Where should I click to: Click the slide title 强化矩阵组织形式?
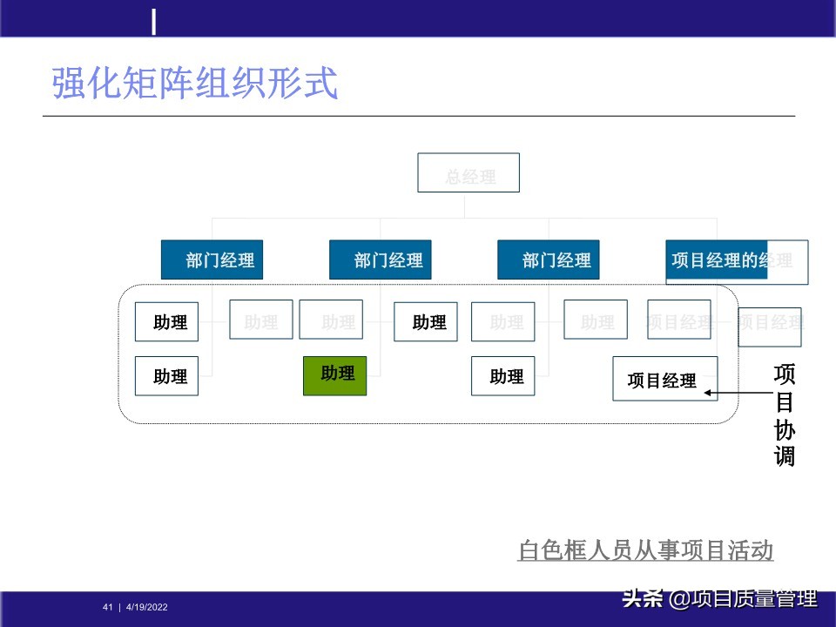coord(194,84)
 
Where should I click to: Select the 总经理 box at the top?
coord(469,173)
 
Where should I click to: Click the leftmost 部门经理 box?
coord(212,260)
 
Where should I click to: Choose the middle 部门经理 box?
coord(380,260)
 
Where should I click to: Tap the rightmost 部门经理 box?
coord(548,260)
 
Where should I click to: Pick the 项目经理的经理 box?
coord(736,261)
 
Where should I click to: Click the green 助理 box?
coord(334,375)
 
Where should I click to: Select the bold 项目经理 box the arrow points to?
coord(664,379)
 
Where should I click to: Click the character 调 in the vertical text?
coord(785,456)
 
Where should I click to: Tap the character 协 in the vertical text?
coord(785,430)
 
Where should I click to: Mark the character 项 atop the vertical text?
coord(785,374)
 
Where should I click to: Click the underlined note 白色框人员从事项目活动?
coord(645,551)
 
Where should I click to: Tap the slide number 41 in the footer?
coord(108,607)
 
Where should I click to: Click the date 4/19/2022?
coord(147,607)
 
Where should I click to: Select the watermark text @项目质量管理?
coord(743,599)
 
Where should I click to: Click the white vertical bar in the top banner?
coord(154,22)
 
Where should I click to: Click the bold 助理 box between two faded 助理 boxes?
coord(425,321)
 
